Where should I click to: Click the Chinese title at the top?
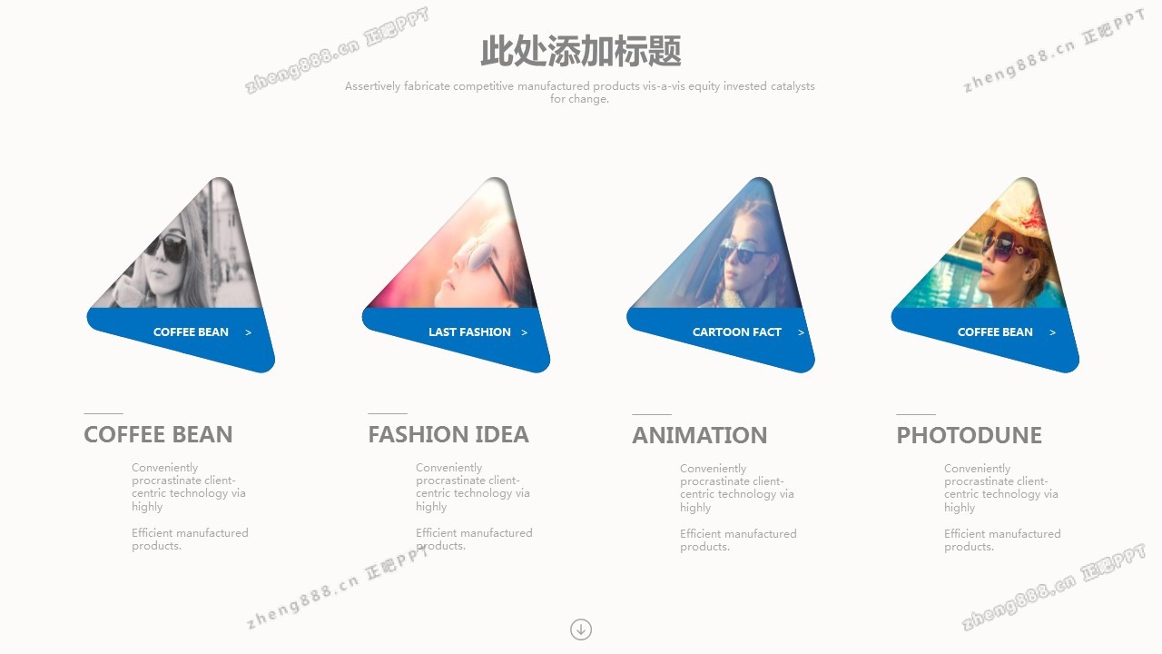pos(580,52)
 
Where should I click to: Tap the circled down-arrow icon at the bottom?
pos(580,629)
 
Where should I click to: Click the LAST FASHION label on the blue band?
pos(469,332)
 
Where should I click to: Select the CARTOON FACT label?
pos(736,332)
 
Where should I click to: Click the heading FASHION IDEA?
pos(448,434)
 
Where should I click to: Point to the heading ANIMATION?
pos(699,435)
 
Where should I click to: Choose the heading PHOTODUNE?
pos(969,435)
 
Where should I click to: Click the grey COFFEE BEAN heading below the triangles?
pos(158,434)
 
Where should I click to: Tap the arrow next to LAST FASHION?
pos(525,332)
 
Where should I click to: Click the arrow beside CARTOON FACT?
pos(801,332)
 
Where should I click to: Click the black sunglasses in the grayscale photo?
pos(167,247)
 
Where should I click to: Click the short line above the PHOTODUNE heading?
pos(916,414)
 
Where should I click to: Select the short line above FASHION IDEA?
pos(388,413)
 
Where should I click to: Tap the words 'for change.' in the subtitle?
pos(579,99)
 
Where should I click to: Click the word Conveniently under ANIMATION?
pos(714,469)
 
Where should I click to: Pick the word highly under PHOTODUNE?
pos(960,508)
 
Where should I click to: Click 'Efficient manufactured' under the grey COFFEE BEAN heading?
pos(190,533)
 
